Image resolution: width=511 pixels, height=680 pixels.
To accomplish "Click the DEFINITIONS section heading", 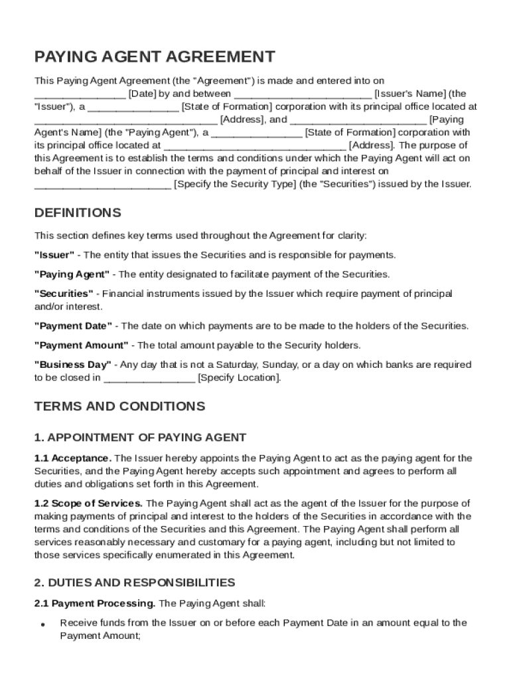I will click(x=78, y=213).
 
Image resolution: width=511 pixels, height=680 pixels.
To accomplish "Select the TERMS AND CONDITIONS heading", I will click(x=119, y=406).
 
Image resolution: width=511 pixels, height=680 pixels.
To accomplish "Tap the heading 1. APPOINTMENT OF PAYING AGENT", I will click(x=140, y=438).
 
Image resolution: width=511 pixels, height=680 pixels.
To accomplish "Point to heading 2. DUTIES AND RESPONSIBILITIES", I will click(x=135, y=583).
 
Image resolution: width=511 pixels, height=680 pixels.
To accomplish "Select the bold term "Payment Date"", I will click(x=74, y=326).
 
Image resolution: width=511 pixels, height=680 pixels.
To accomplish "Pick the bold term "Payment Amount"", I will click(x=81, y=345).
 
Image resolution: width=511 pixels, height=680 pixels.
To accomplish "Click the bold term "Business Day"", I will click(x=73, y=365).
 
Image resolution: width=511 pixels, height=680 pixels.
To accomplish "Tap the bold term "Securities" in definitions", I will click(x=64, y=294).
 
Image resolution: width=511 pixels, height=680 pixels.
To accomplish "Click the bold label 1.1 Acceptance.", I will click(x=73, y=458).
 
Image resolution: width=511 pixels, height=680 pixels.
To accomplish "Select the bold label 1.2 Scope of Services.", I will click(x=88, y=503).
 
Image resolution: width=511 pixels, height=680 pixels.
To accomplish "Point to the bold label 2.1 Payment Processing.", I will click(x=95, y=604).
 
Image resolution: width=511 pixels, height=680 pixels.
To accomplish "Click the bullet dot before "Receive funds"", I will click(x=42, y=625).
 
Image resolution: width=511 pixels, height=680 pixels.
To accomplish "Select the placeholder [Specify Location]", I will click(x=240, y=378).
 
